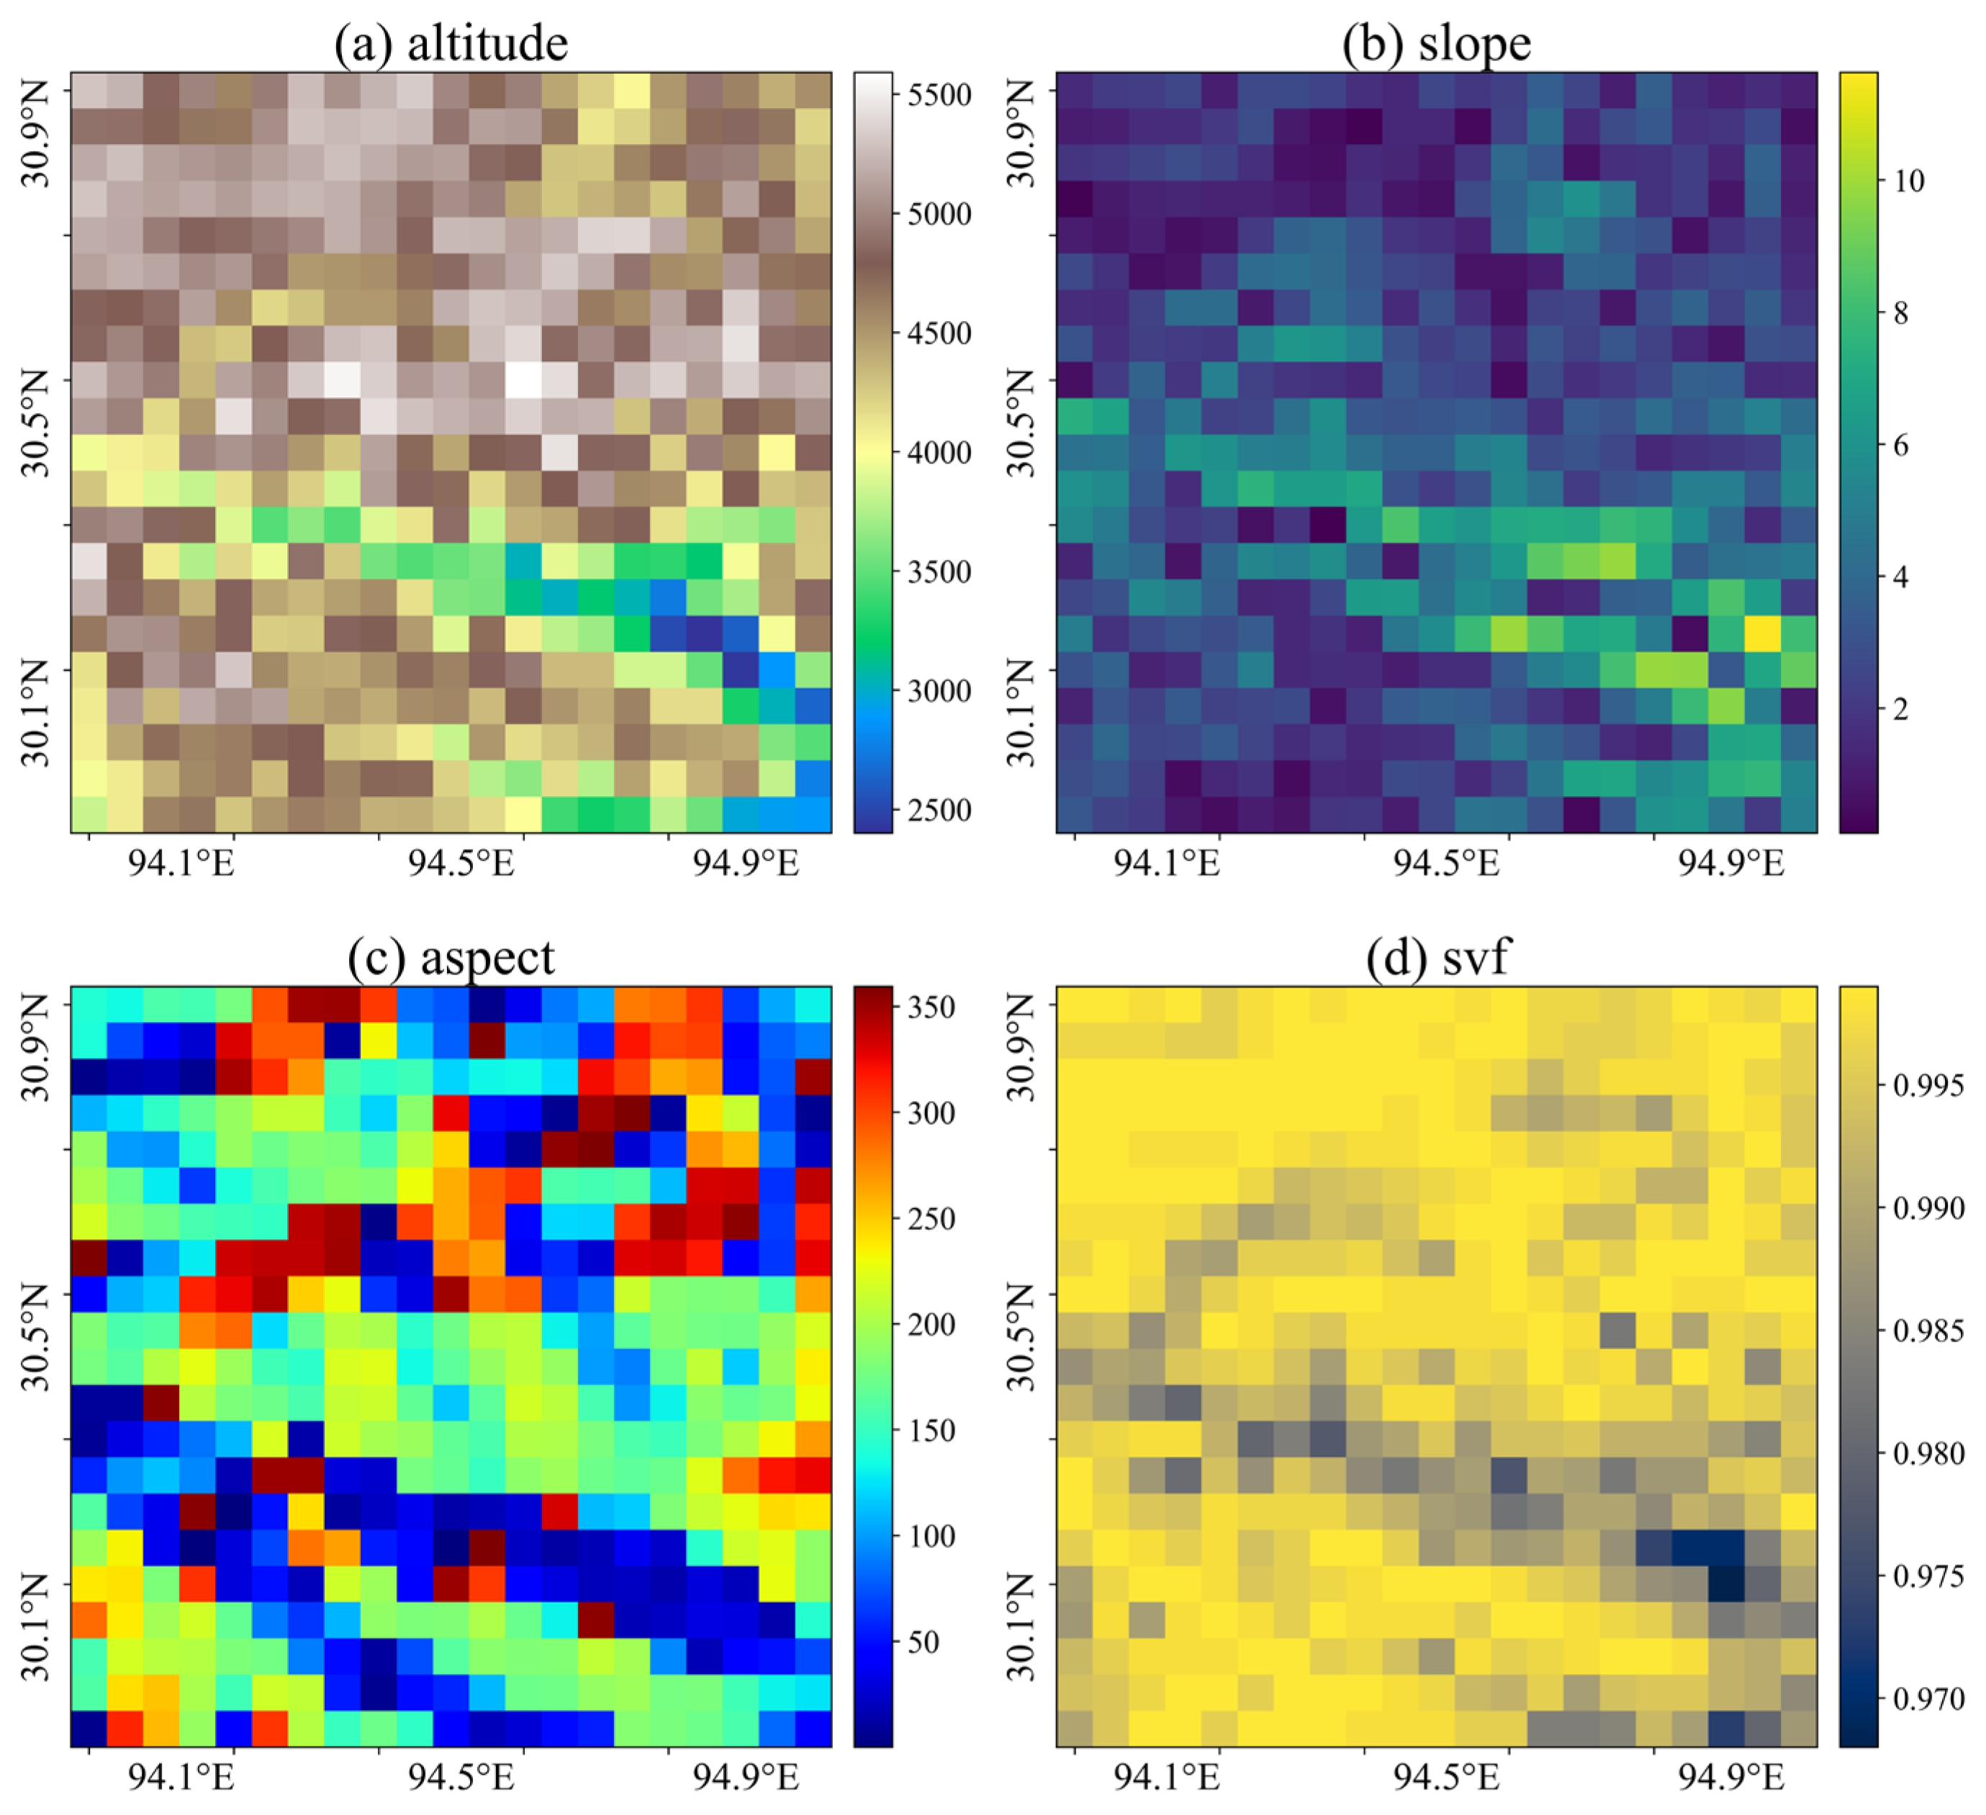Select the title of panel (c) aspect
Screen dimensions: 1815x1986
451,957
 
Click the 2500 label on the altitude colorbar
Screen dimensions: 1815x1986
938,810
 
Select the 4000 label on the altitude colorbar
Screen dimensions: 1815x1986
938,453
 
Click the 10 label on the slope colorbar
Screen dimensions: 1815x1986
1908,181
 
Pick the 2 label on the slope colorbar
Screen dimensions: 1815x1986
1900,709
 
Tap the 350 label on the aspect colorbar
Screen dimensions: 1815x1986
930,1008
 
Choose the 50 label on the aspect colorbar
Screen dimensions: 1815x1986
922,1642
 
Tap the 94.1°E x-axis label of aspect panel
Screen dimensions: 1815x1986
181,1778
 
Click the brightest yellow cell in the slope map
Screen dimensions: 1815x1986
1762,633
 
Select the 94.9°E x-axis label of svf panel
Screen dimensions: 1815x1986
1731,1778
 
